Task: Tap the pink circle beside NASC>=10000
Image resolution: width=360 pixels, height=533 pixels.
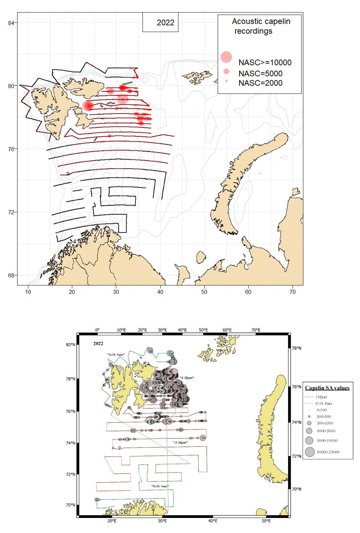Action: [226, 57]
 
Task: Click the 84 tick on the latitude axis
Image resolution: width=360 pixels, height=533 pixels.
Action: [11, 23]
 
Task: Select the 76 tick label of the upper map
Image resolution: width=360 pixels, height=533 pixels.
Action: [11, 149]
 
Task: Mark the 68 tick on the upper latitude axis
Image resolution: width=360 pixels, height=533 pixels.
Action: [11, 275]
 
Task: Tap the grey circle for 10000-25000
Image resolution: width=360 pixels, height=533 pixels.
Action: [310, 452]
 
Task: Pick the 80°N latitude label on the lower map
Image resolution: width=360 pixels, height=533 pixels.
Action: [70, 345]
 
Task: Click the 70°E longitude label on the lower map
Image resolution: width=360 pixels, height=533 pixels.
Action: [255, 330]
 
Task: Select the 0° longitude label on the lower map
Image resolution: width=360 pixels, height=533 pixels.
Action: [97, 330]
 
